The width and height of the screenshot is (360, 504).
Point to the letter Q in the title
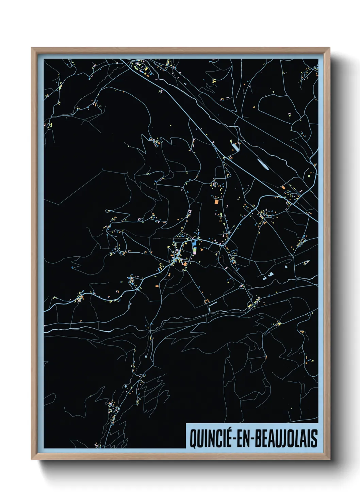[x=193, y=439]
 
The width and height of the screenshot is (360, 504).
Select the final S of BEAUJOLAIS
[x=314, y=439]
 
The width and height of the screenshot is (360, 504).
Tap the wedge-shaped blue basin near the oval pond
[x=235, y=147]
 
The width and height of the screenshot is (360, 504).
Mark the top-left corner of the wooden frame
[x=32, y=48]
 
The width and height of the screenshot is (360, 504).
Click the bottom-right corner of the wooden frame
[x=330, y=459]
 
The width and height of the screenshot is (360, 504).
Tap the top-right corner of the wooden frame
[x=330, y=48]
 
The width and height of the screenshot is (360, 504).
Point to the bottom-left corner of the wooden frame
[x=32, y=459]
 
